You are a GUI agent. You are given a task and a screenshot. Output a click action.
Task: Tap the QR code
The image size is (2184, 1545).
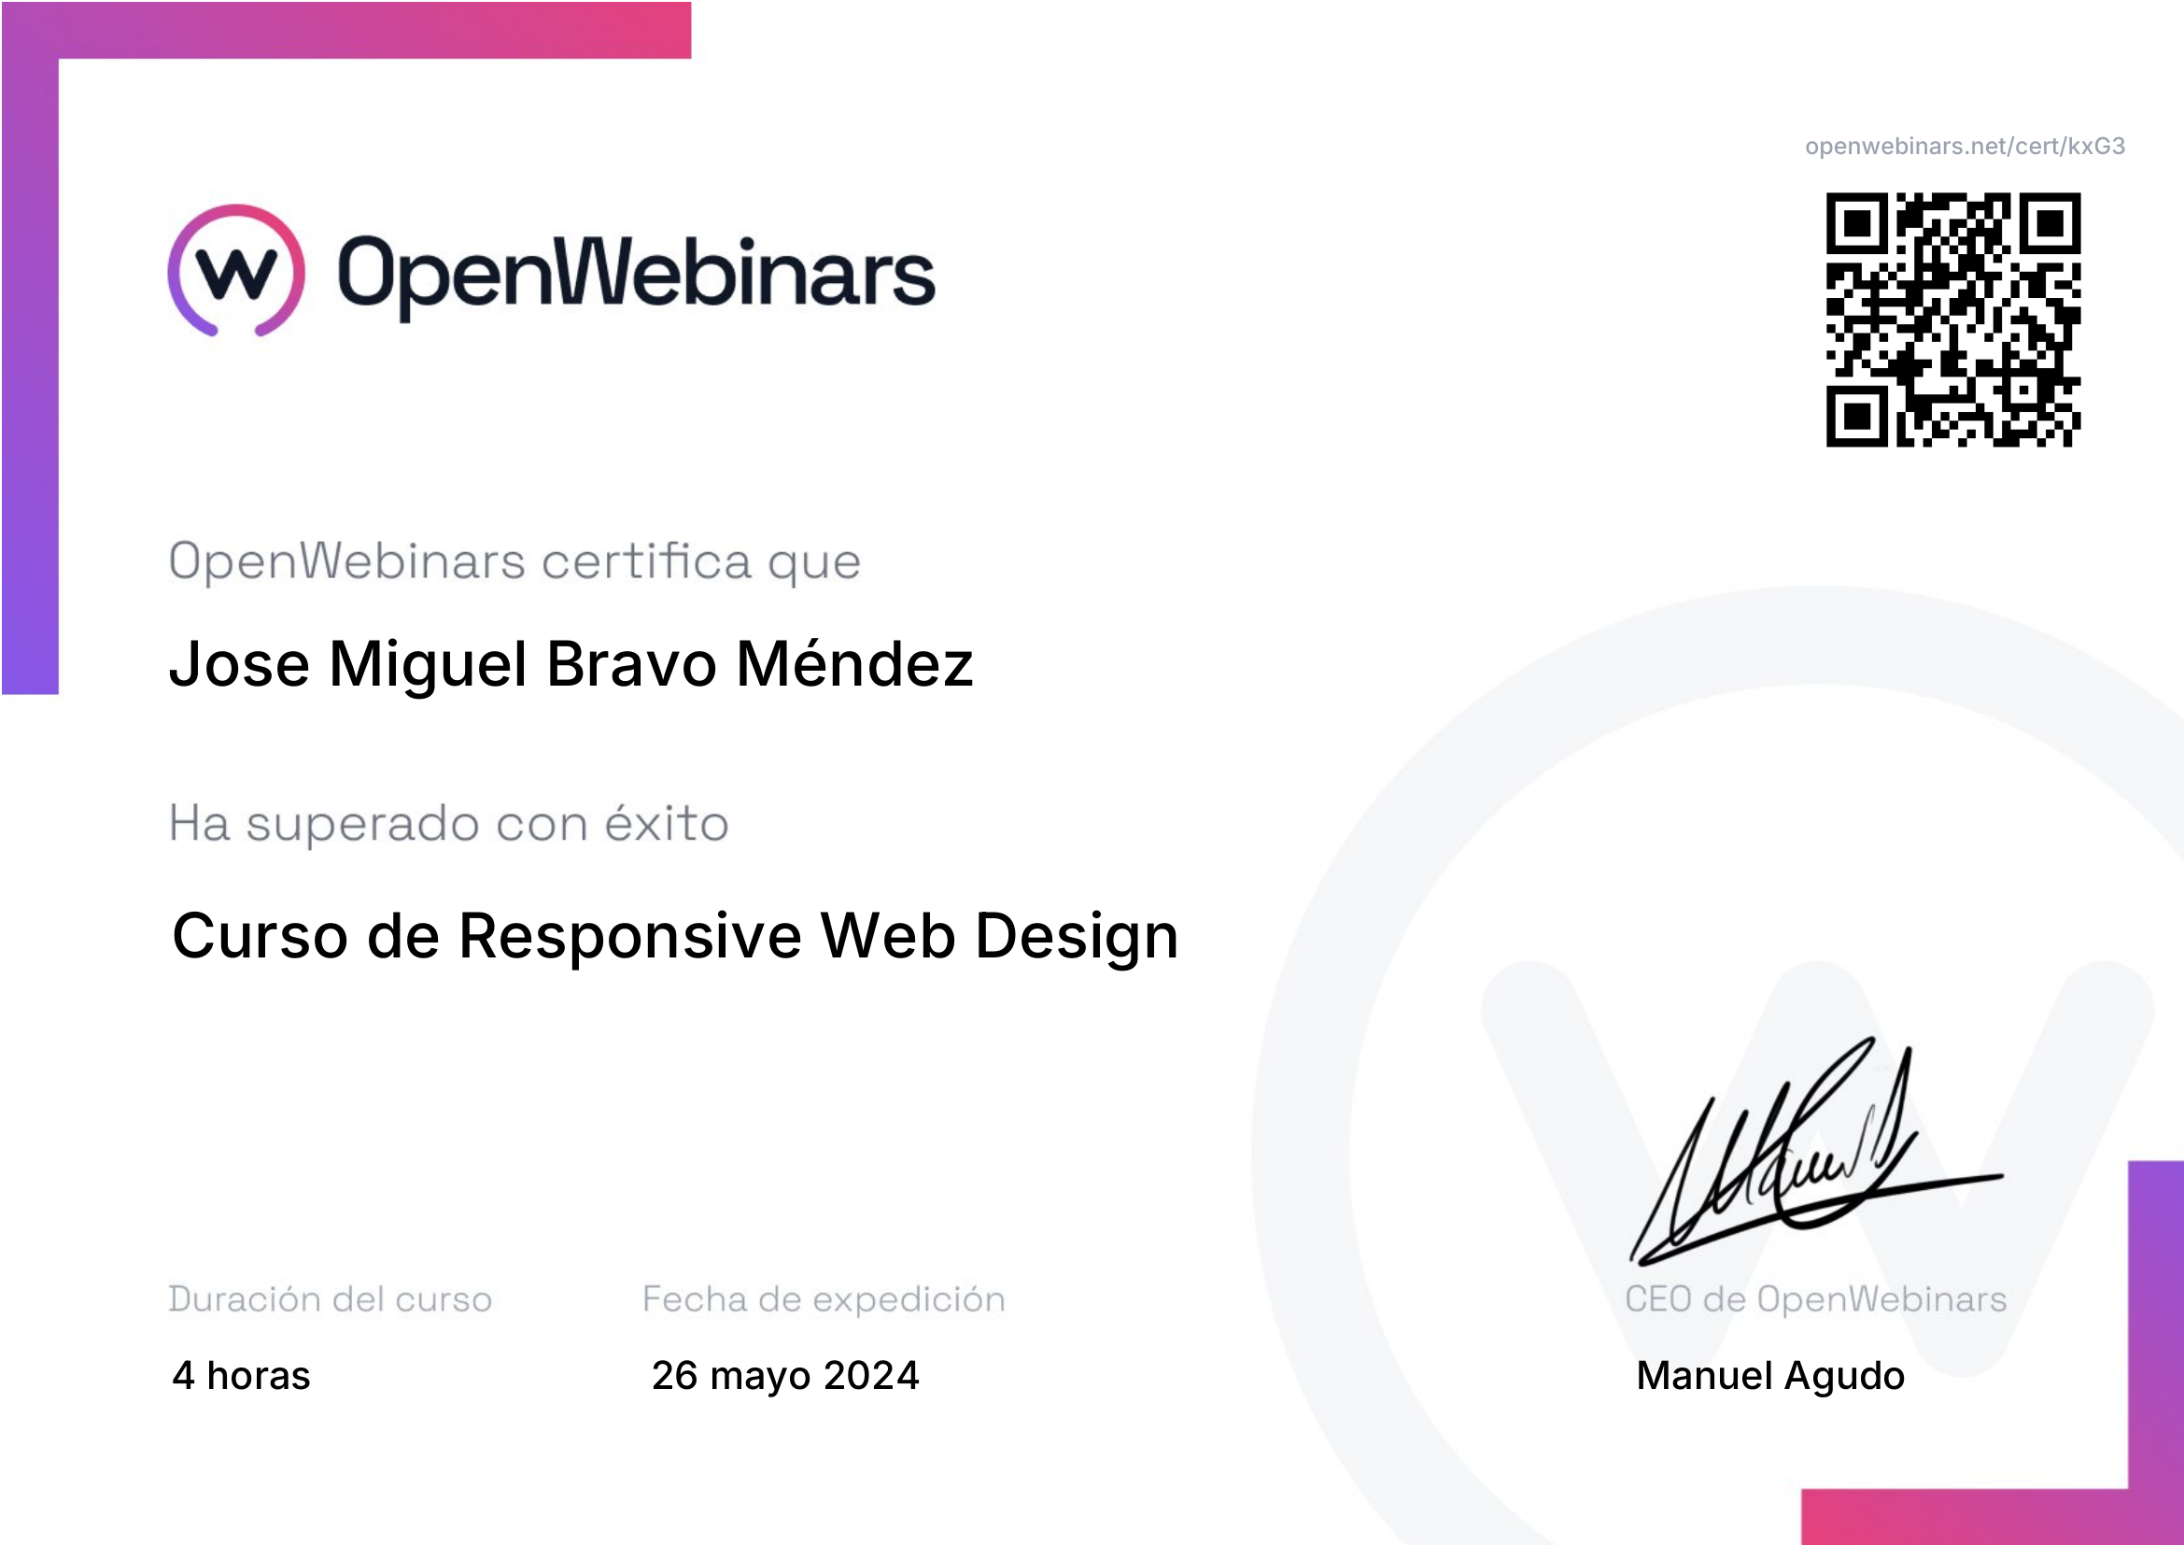[1952, 319]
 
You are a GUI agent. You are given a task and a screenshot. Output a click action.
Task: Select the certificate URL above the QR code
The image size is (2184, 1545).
[1966, 146]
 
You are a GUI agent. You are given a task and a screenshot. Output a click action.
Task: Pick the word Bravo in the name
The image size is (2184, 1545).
[631, 663]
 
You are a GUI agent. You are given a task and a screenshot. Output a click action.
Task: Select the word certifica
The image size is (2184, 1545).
[647, 560]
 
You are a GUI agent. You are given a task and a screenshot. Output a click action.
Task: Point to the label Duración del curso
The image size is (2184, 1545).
[330, 1298]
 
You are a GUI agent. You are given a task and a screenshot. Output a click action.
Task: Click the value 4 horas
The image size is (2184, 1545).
[242, 1376]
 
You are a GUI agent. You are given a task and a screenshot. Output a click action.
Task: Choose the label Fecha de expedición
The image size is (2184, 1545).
[824, 1298]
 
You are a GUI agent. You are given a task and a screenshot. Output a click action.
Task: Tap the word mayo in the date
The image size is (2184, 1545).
[760, 1378]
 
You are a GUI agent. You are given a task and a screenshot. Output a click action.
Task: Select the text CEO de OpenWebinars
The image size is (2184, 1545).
[1816, 1298]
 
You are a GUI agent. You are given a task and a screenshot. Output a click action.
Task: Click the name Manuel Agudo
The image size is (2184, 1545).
[1770, 1377]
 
